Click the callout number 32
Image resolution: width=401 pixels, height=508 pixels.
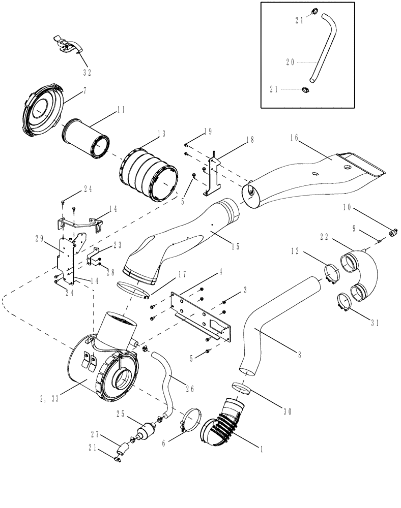(x=87, y=72)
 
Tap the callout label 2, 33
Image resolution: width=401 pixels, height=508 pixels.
(x=48, y=399)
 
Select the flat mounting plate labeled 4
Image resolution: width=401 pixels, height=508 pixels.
(x=202, y=315)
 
